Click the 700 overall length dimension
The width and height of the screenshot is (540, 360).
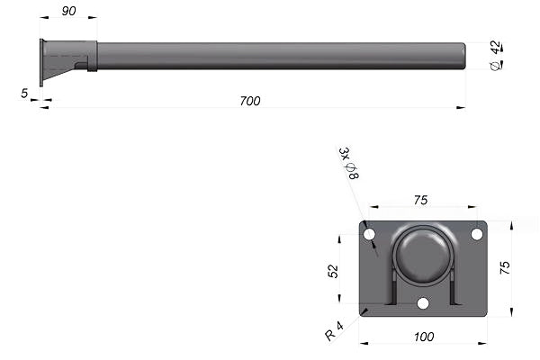click(x=250, y=101)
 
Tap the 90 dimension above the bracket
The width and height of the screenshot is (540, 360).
click(x=68, y=11)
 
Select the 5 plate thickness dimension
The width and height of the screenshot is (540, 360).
click(x=24, y=93)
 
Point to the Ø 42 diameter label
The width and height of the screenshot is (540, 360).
click(x=496, y=55)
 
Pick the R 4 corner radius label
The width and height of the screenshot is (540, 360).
click(x=334, y=330)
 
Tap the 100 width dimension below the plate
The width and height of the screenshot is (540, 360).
click(x=424, y=337)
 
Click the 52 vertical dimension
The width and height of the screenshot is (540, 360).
click(x=333, y=271)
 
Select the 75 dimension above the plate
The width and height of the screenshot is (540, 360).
click(x=421, y=200)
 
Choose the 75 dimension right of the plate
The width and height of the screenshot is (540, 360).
click(x=505, y=267)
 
